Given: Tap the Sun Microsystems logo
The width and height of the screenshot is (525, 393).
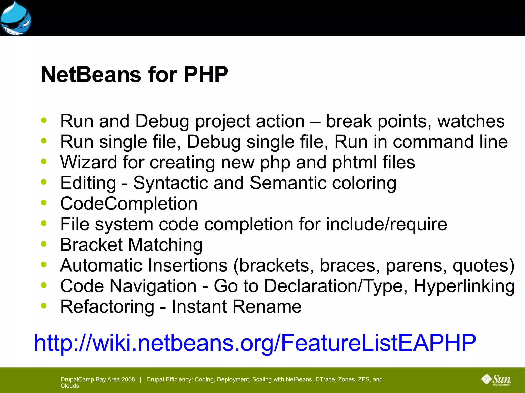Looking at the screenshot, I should pyautogui.click(x=496, y=380).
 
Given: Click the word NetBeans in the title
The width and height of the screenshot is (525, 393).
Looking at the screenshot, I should pyautogui.click(x=91, y=75).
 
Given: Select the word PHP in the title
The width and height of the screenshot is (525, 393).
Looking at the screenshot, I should pyautogui.click(x=206, y=75).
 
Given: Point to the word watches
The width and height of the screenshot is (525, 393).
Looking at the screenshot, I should pyautogui.click(x=471, y=121).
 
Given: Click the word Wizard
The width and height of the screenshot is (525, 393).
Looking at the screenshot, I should pyautogui.click(x=88, y=162).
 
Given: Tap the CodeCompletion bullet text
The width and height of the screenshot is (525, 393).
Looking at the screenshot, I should pyautogui.click(x=129, y=204).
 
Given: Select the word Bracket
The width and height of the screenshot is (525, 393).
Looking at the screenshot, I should pyautogui.click(x=91, y=245).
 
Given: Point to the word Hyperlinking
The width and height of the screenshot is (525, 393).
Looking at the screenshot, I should pyautogui.click(x=464, y=286).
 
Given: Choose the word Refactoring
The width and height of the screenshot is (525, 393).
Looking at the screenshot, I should pyautogui.click(x=107, y=307).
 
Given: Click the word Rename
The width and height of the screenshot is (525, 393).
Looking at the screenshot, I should pyautogui.click(x=267, y=307).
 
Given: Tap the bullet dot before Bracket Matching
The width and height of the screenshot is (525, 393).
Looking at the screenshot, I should pyautogui.click(x=44, y=244).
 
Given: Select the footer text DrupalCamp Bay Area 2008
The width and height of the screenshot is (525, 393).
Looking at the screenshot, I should pyautogui.click(x=98, y=379).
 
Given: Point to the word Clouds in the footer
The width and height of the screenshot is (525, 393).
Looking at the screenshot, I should pyautogui.click(x=70, y=386).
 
